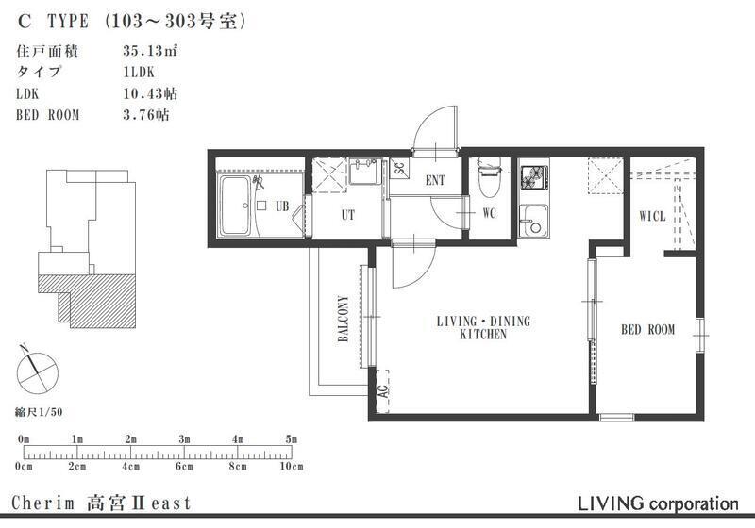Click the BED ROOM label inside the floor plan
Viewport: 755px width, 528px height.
coord(647,330)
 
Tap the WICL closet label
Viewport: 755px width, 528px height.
coord(652,217)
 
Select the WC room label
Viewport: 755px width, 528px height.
coord(489,213)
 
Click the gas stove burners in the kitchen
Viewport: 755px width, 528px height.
coord(534,176)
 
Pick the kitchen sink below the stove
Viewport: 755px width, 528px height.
coord(533,221)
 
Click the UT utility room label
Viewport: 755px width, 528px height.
coord(347,215)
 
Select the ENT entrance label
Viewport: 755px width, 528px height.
coord(435,180)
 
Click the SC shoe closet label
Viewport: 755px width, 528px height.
coord(399,169)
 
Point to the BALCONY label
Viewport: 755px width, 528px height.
coord(344,319)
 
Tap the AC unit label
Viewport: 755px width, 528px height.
coord(383,391)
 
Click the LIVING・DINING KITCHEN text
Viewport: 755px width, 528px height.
coord(483,327)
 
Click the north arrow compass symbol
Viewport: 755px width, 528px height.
coord(37,371)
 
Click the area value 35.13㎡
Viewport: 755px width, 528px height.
coord(151,51)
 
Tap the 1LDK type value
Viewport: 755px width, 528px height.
coord(139,73)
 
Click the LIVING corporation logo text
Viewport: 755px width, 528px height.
coord(658,503)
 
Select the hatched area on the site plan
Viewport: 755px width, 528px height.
coord(96,299)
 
